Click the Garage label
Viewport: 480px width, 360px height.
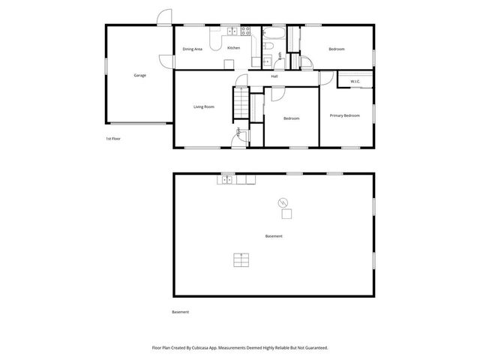[x=139, y=76]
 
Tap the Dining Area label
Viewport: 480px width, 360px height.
[x=192, y=49]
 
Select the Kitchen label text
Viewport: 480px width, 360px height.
[x=233, y=49]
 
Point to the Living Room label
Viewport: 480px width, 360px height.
[x=204, y=107]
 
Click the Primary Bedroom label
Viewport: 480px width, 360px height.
[x=345, y=115]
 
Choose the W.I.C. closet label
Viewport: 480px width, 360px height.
[x=355, y=82]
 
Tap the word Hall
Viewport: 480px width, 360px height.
[x=274, y=76]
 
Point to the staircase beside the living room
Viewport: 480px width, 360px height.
[x=241, y=102]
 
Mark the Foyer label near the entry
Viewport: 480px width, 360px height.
[x=238, y=133]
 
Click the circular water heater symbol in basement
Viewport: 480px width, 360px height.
[x=283, y=202]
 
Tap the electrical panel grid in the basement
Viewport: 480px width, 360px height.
[x=241, y=259]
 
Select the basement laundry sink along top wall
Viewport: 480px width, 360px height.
[x=226, y=179]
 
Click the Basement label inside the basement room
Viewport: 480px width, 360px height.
[x=274, y=237]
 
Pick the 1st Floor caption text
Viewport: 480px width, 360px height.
[x=113, y=139]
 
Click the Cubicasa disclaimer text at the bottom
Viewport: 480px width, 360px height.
[x=239, y=347]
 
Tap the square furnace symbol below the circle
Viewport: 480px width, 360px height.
[x=286, y=214]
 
